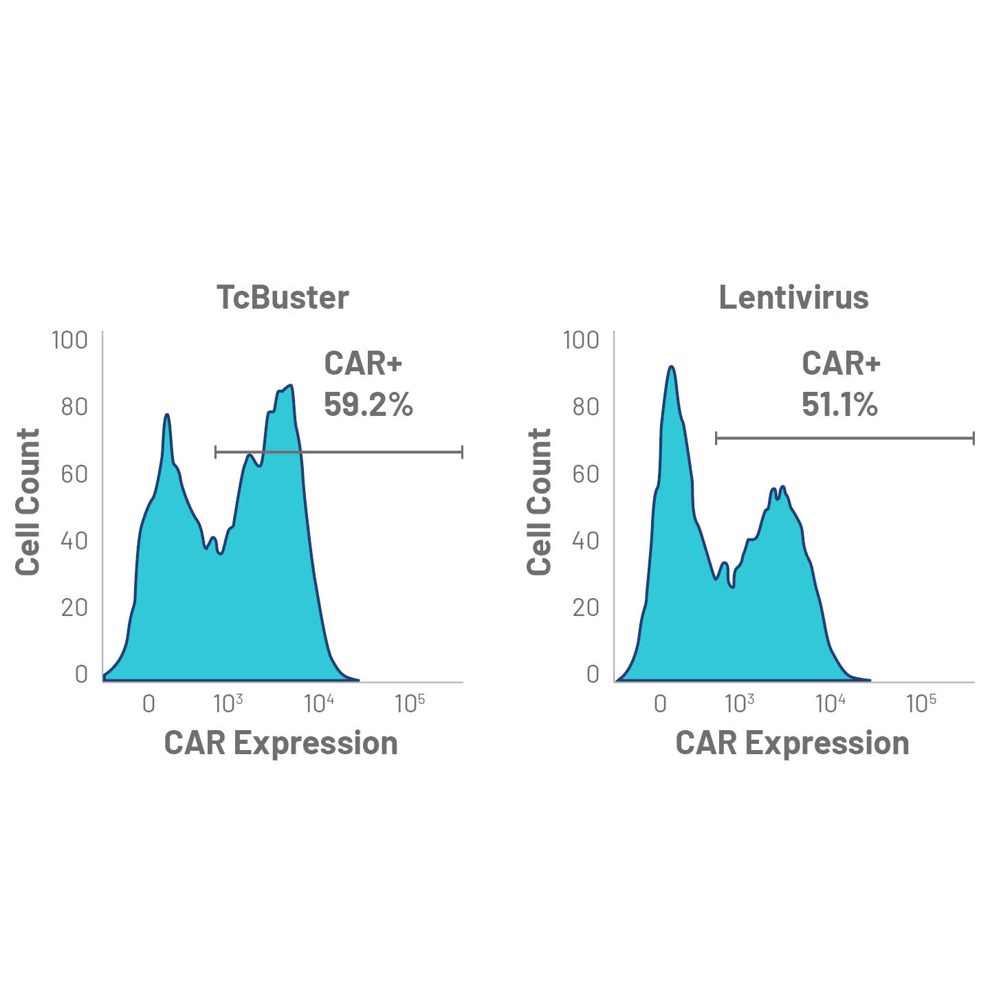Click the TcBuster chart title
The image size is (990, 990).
coord(283,298)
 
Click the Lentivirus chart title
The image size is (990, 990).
coord(793,298)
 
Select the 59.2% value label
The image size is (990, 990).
coord(368,405)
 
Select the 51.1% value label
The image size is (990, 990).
coord(839,405)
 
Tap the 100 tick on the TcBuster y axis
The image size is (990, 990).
coord(69,340)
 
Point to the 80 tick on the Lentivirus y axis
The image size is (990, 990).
coord(585,407)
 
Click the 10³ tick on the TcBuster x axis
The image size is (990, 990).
coord(228,703)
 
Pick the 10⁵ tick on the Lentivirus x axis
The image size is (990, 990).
coord(921,703)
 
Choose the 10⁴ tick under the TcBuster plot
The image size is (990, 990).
coord(319,703)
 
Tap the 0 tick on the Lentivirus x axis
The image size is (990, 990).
coord(660,704)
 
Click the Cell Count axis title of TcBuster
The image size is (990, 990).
coord(28,502)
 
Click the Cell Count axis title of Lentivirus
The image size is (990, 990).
coord(540,502)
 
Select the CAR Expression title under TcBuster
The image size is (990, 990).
coord(280,743)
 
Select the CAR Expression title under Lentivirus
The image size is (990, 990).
coord(792,743)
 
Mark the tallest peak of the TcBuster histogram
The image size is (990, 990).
coord(291,386)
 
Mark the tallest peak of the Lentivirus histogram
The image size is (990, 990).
coord(672,367)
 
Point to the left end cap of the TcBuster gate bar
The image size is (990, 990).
coord(216,452)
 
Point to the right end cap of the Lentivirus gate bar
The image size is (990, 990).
coord(973,438)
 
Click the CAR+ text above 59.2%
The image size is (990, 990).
coord(362,364)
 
